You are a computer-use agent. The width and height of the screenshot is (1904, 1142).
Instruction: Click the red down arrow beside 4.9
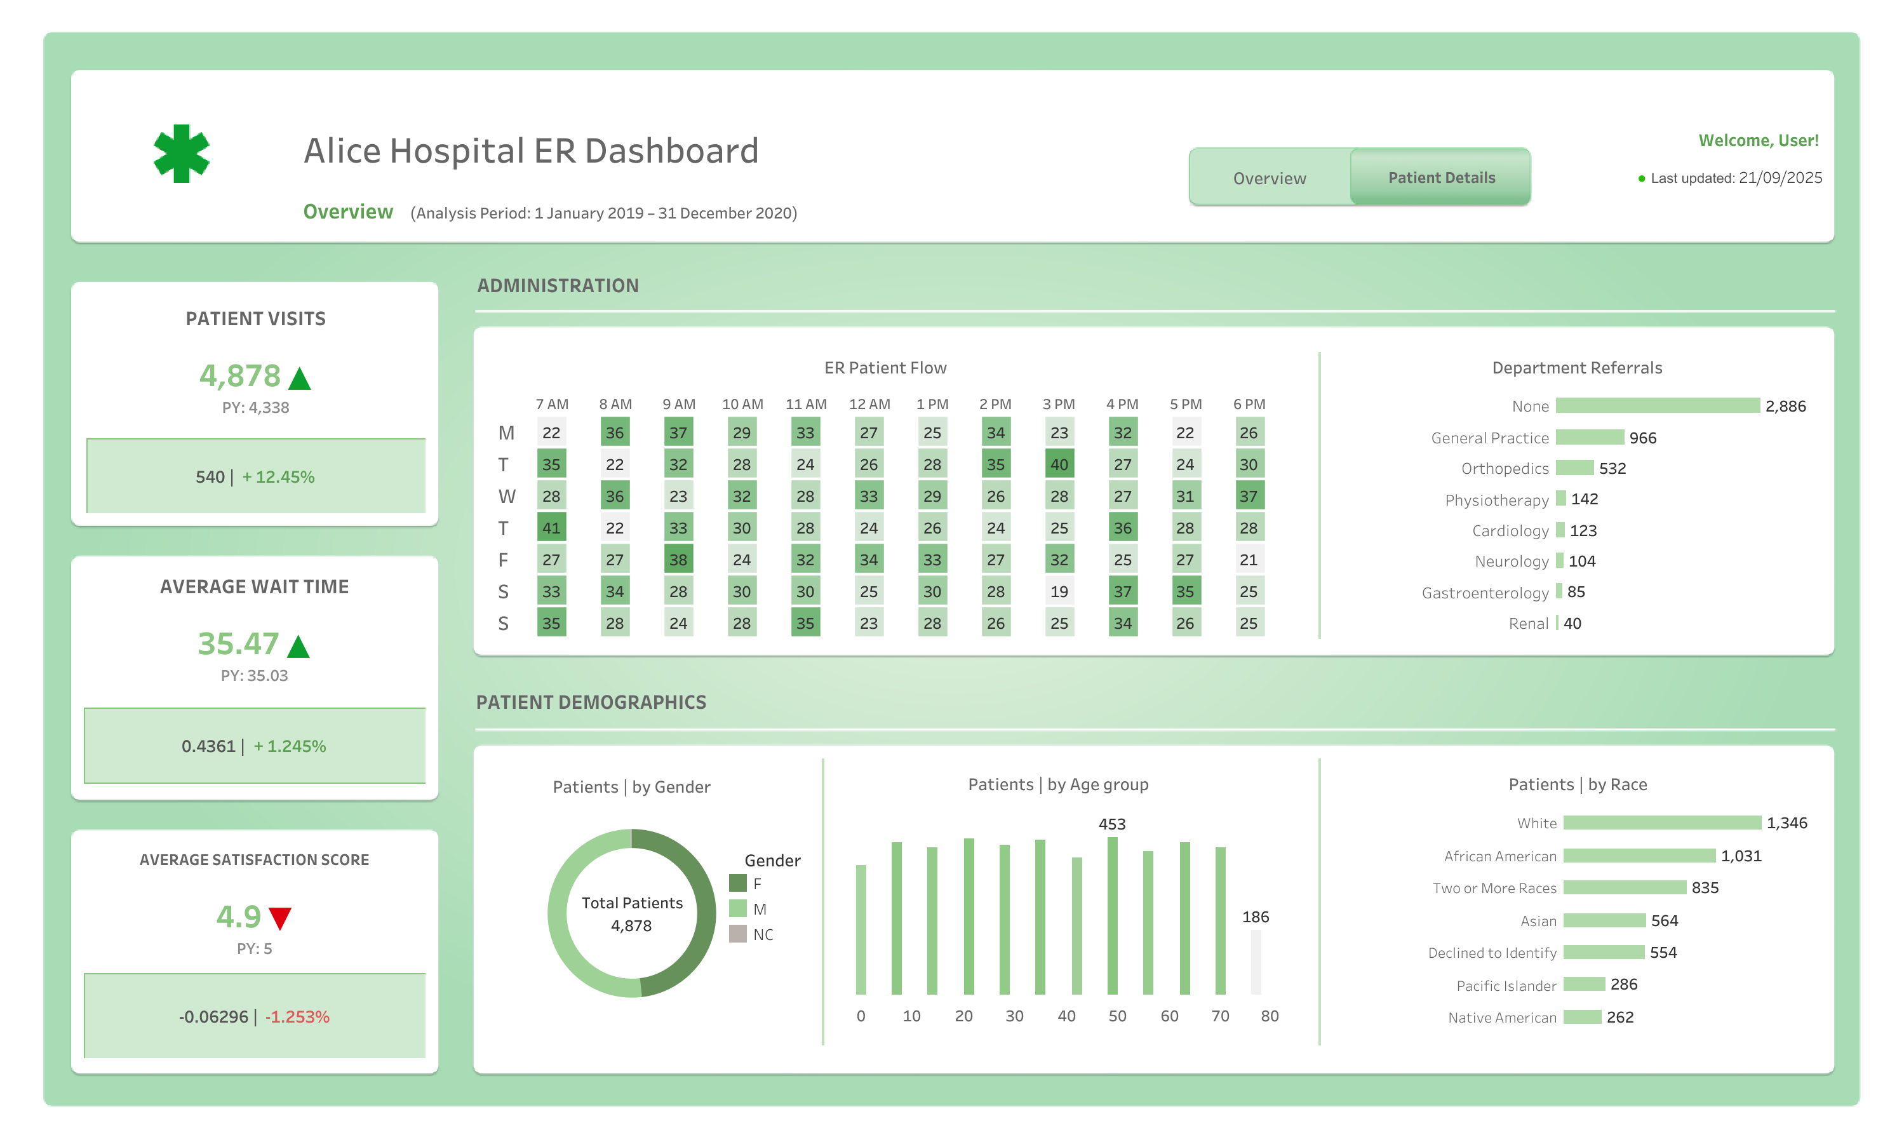(280, 917)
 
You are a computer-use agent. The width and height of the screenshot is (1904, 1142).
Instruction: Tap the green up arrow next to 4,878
(299, 378)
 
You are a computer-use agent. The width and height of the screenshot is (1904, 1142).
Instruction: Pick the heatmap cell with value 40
(1059, 464)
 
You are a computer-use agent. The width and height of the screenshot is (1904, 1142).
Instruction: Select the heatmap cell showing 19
(1059, 591)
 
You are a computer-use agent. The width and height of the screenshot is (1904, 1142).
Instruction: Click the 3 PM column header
(1059, 404)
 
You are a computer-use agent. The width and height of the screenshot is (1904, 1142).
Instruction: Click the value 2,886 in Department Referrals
(1785, 406)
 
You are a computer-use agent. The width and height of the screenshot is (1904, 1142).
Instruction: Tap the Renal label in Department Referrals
(1528, 623)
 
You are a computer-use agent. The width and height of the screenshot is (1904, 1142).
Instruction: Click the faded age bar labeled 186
(1256, 962)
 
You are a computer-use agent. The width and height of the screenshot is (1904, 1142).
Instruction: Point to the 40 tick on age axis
(1066, 1016)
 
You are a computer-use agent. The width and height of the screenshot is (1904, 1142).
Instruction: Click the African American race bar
(1639, 856)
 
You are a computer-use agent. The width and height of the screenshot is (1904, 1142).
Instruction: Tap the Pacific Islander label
(1506, 985)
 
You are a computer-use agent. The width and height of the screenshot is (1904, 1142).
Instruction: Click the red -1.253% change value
(297, 1017)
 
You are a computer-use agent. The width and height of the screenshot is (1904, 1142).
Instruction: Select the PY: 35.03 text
(254, 675)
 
